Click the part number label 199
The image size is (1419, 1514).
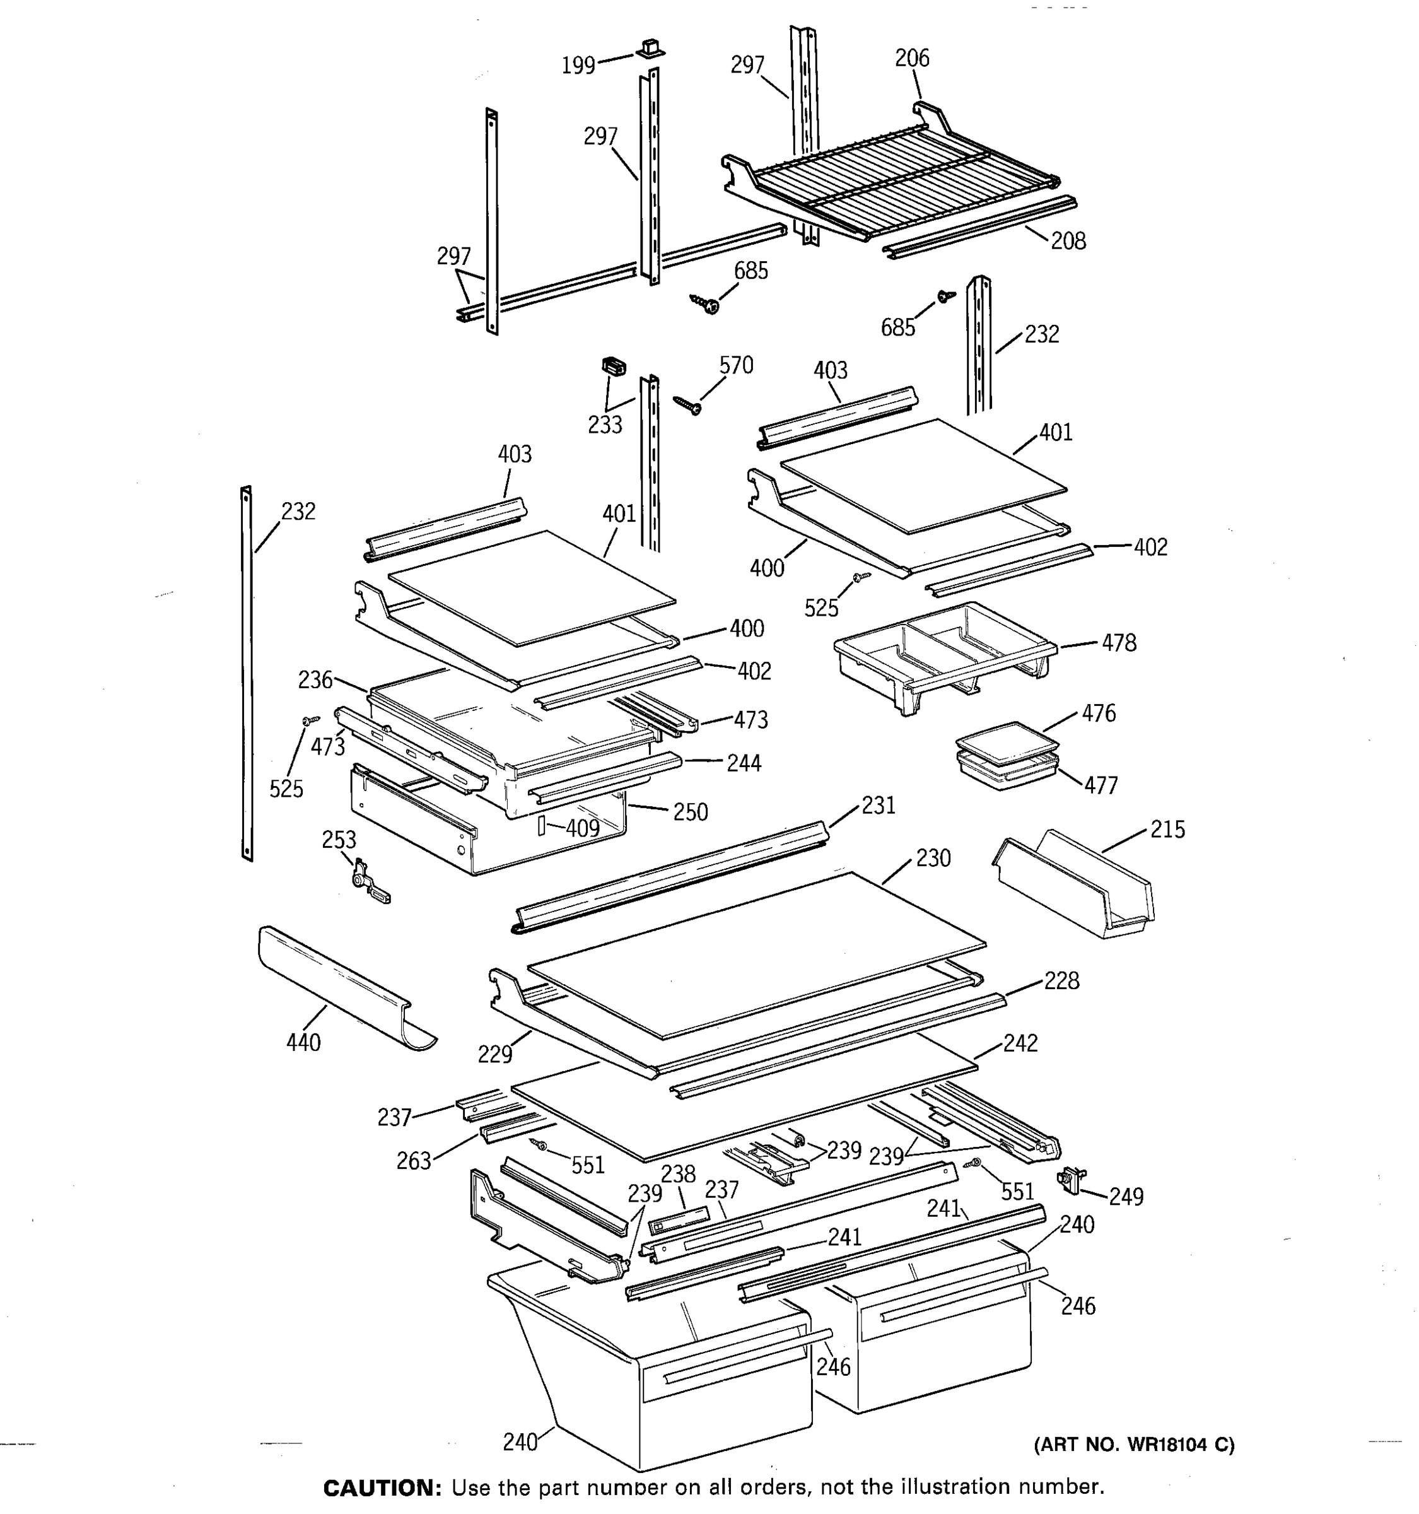[578, 66]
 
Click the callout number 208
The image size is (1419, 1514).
[1068, 242]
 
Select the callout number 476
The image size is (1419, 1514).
[1099, 713]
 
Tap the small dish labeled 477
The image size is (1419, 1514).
[1007, 771]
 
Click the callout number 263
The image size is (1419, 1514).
[413, 1161]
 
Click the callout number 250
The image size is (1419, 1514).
[690, 812]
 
